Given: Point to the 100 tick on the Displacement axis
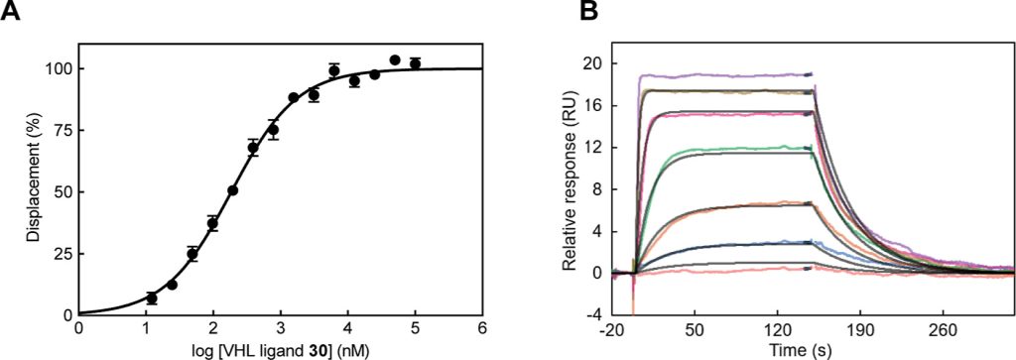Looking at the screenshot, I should [59, 68].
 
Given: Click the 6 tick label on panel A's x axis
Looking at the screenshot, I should [482, 328].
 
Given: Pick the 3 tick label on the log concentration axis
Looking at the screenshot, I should [281, 328].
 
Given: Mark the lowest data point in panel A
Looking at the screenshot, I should [152, 298].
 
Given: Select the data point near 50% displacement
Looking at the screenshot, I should [233, 190].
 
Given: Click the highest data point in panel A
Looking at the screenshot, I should [395, 60].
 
